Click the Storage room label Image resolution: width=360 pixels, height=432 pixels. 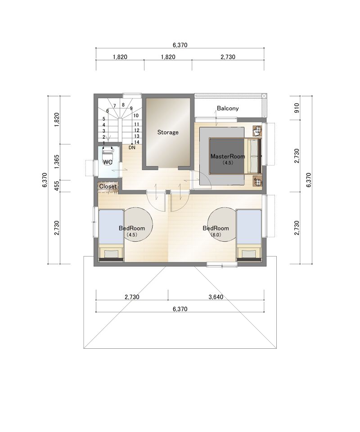coord(168,132)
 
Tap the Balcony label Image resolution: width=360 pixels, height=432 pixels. coord(228,108)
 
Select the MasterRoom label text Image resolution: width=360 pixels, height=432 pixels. coord(228,156)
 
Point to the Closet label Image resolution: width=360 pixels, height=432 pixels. coord(108,186)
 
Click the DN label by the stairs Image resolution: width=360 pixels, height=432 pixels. coord(132,148)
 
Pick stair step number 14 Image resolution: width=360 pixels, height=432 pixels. coord(137,142)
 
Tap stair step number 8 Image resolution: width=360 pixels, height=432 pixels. coord(123,105)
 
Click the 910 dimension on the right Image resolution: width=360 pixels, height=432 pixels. coord(297,108)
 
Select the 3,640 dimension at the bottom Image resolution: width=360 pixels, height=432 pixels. coord(216,297)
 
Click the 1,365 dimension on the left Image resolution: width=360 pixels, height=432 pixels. coord(56,162)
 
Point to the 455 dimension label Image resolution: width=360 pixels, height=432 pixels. coord(56,186)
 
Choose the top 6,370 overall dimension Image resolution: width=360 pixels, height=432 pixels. coord(180,45)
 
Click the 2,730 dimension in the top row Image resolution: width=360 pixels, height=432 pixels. coord(228,57)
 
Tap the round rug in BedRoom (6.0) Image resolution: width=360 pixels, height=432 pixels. coord(222,225)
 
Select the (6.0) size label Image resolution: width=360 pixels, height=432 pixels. coord(216,235)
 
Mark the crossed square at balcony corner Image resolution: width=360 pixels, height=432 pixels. coord(264,96)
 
